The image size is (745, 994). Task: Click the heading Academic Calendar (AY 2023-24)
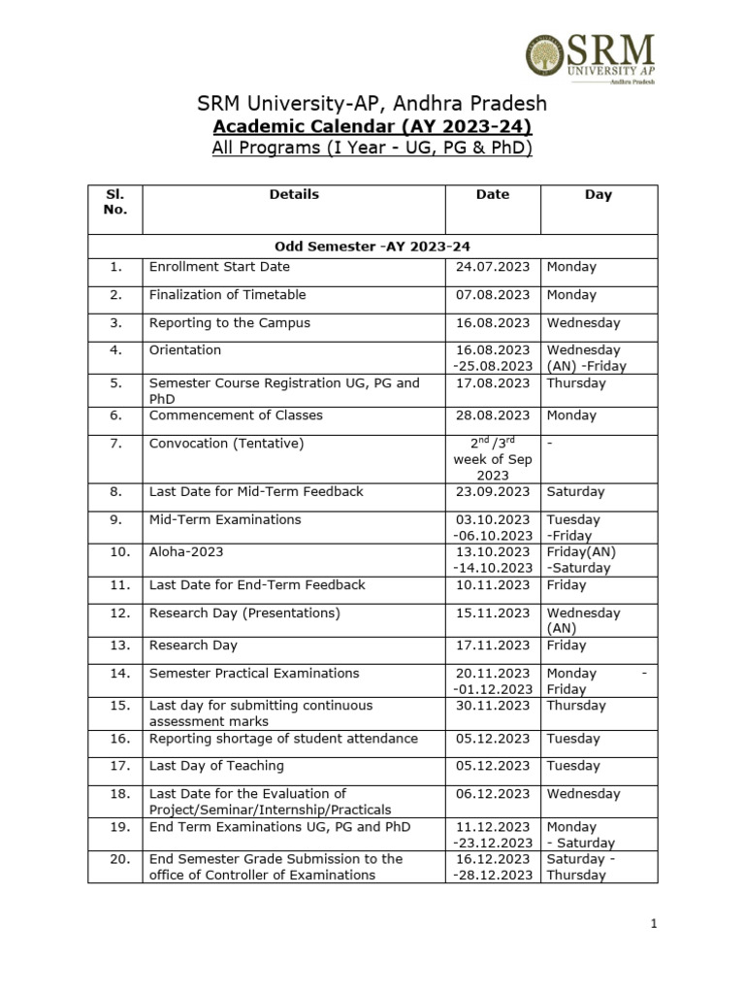[x=372, y=127]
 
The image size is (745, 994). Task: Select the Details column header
[x=294, y=194]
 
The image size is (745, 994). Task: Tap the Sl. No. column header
[x=114, y=202]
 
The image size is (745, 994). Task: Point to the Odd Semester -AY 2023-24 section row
[x=372, y=247]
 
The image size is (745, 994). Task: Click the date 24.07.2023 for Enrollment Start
[x=493, y=267]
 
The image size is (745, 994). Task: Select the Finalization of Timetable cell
[x=227, y=295]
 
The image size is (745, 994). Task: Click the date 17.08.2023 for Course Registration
[x=493, y=383]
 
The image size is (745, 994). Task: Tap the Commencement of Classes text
[x=236, y=415]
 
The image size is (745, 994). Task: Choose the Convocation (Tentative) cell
[x=226, y=444]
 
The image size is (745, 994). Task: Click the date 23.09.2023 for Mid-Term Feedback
[x=493, y=492]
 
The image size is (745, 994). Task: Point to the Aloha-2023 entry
[x=186, y=552]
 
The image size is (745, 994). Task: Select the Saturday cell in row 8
[x=575, y=492]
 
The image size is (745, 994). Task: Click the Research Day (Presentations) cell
[x=244, y=613]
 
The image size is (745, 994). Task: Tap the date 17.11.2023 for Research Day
[x=493, y=646]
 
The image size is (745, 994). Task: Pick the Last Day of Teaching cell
[x=216, y=766]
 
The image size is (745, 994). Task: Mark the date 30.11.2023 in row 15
[x=493, y=706]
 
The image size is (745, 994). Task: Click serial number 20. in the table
[x=115, y=859]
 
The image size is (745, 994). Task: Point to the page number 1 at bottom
[x=655, y=925]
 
